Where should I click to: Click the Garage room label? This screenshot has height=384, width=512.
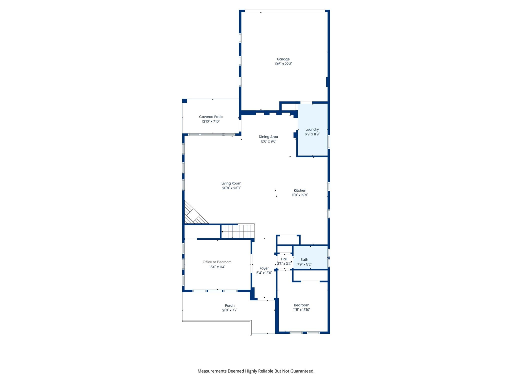click(x=283, y=59)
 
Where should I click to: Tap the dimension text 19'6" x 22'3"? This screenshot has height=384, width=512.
click(x=283, y=64)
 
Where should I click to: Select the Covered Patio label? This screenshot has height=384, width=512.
click(x=210, y=117)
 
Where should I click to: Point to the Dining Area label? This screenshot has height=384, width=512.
click(x=268, y=137)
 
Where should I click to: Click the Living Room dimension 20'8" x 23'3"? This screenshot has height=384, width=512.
click(x=231, y=188)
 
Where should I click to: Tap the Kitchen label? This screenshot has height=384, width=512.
click(x=300, y=190)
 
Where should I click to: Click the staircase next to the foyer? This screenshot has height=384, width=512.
click(x=238, y=231)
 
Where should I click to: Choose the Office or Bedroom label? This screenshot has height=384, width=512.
click(x=217, y=262)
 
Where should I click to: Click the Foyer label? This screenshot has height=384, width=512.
click(x=264, y=268)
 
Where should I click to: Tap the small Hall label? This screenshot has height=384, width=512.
click(x=284, y=259)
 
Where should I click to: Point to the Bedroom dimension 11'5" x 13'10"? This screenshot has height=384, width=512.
click(x=301, y=310)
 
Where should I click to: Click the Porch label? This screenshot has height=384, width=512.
click(x=229, y=305)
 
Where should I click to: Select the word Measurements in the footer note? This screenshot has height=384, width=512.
click(x=212, y=371)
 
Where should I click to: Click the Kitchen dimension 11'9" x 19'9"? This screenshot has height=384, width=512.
click(x=300, y=195)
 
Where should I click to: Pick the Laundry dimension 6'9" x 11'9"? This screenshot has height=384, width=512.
click(x=312, y=134)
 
